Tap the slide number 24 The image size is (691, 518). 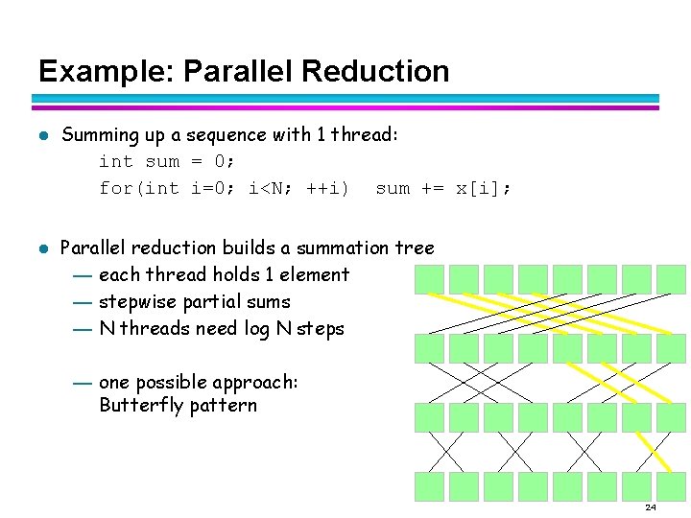click(650, 506)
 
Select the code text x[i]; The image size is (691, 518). click(483, 188)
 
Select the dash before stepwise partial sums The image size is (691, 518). click(82, 302)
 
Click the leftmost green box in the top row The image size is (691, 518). click(429, 279)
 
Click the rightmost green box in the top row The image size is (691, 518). click(671, 279)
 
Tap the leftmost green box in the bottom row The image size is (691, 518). click(429, 486)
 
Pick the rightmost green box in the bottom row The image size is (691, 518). click(671, 486)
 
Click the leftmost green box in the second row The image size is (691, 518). click(429, 348)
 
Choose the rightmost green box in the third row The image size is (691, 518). click(671, 417)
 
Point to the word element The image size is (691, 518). click(314, 275)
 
